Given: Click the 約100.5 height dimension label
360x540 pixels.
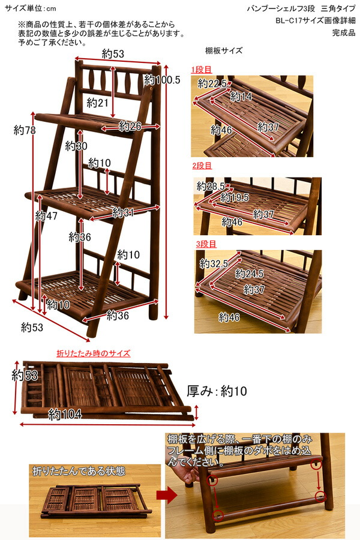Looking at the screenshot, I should [162, 80].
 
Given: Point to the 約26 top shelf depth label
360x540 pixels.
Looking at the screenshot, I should [130, 126].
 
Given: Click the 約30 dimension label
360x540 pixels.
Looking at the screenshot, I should [76, 146].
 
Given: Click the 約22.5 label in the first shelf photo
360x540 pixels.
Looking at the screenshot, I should [212, 83].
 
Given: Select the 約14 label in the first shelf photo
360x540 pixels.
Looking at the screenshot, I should [241, 96].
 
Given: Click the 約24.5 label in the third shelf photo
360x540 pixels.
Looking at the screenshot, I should [250, 274].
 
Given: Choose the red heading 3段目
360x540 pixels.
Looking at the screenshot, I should [206, 244].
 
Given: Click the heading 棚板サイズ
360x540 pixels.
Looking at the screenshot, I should [223, 52].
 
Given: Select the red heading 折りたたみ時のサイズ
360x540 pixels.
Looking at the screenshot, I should [93, 353].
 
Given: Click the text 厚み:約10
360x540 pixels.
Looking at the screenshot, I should [217, 392].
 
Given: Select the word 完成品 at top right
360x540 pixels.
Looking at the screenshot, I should [344, 33].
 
